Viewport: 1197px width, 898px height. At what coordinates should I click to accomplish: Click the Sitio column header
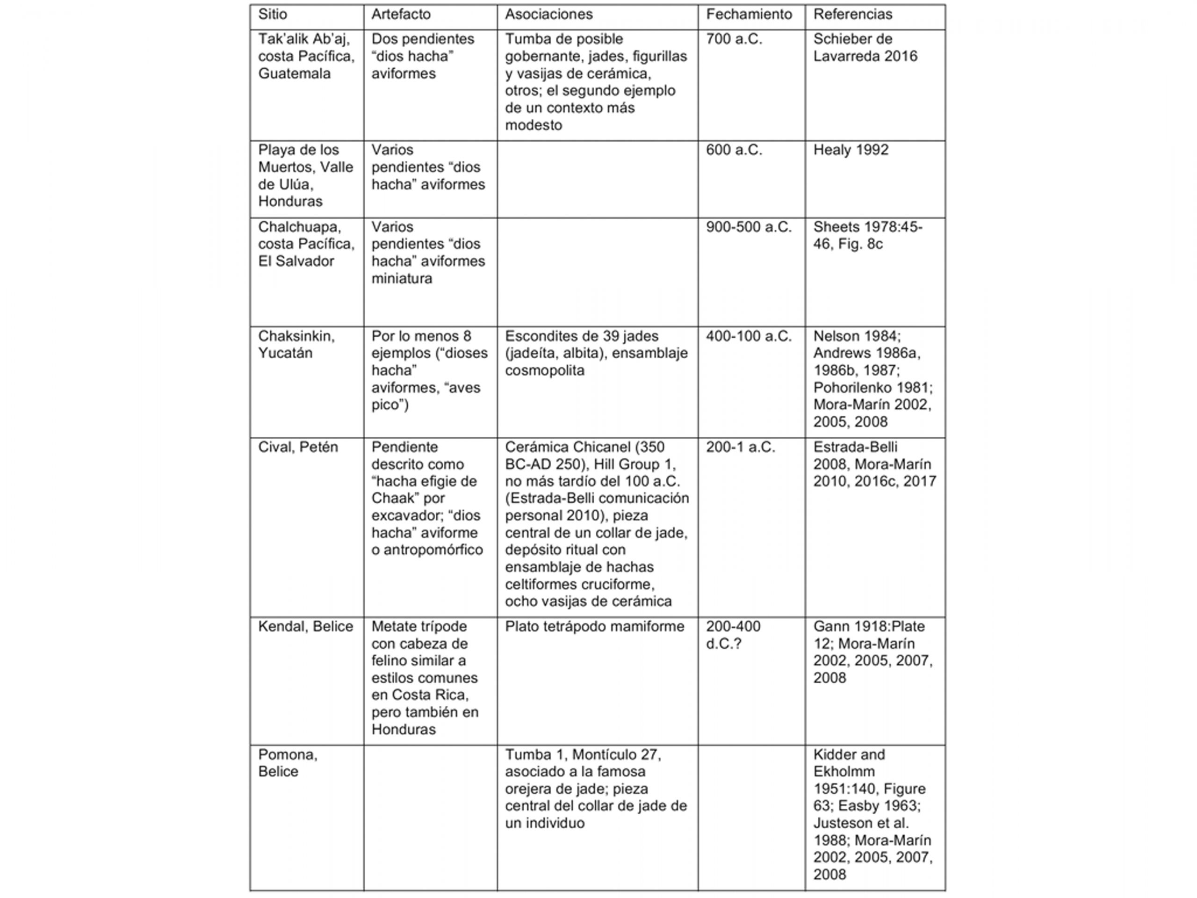[272, 14]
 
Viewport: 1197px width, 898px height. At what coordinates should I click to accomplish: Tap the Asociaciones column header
[549, 14]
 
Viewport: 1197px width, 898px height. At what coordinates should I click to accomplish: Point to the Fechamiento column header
[749, 14]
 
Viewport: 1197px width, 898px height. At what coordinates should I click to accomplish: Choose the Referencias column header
[852, 14]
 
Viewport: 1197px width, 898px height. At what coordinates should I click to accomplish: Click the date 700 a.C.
[734, 39]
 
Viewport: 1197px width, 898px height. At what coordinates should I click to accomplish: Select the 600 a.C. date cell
[734, 150]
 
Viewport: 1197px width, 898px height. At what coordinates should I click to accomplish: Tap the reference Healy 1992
[851, 150]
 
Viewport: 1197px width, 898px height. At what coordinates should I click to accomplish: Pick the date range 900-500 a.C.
[749, 227]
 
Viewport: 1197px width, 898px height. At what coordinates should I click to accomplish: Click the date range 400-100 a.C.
[749, 336]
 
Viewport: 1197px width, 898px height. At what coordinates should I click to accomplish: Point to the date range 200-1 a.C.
[740, 447]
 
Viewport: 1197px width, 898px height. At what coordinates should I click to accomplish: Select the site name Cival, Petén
[298, 447]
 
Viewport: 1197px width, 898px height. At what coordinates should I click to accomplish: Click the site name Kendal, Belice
[305, 626]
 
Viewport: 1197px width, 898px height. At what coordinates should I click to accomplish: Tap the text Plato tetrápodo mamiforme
[594, 626]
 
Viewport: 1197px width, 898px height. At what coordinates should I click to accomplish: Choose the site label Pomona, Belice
[288, 763]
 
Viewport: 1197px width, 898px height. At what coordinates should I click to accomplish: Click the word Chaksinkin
[296, 336]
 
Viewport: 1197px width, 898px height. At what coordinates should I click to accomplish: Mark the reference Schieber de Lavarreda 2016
[865, 48]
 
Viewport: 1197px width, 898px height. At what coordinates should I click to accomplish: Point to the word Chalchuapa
[299, 227]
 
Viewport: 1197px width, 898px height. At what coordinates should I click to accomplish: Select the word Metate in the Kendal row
[393, 626]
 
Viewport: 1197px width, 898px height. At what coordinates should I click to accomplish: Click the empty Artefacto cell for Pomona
[430, 818]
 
